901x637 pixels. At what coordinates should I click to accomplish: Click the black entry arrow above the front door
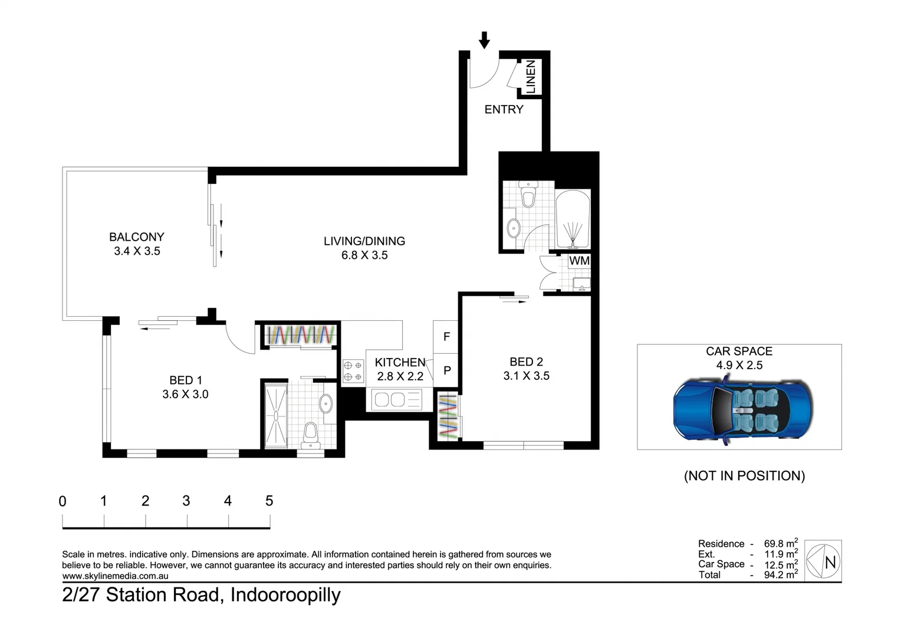(484, 40)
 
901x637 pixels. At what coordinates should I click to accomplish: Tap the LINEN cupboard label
(531, 77)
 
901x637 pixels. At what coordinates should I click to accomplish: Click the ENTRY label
(504, 109)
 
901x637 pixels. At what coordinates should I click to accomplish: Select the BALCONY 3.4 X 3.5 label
(136, 244)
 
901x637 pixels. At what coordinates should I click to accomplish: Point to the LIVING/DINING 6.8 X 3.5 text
(364, 248)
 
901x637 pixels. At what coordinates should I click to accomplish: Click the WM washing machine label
(579, 260)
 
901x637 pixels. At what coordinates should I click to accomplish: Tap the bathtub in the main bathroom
(573, 219)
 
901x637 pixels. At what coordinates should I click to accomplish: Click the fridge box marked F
(446, 337)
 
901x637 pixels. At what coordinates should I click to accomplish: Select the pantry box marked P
(446, 370)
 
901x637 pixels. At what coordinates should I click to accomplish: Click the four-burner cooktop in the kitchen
(353, 371)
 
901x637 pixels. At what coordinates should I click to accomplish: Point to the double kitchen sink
(390, 400)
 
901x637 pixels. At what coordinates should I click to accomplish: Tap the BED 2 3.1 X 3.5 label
(526, 369)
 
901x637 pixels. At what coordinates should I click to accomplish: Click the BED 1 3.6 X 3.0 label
(185, 387)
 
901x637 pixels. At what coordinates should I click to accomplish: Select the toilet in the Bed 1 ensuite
(311, 435)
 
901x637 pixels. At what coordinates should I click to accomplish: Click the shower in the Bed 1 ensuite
(275, 415)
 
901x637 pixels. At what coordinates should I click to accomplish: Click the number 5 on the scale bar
(269, 501)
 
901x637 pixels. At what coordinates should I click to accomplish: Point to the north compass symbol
(823, 562)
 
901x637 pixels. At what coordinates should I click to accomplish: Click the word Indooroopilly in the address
(285, 595)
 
